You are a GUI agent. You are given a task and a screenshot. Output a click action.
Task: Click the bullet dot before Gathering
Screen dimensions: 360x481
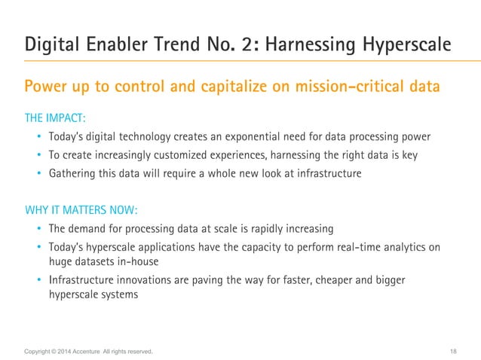tap(39, 173)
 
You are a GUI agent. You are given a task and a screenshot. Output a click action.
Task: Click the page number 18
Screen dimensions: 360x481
tap(452, 351)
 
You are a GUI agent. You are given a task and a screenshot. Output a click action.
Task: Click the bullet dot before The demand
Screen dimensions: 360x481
tap(39, 229)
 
